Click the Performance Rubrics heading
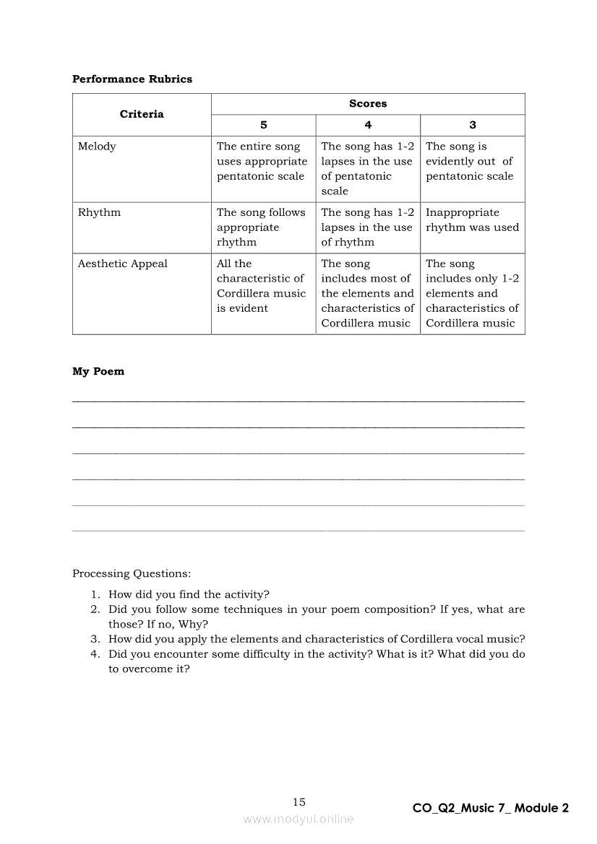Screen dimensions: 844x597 [x=132, y=79]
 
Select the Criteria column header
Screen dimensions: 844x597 [x=142, y=114]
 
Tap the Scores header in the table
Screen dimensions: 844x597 [x=368, y=104]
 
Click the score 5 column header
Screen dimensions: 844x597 [x=263, y=125]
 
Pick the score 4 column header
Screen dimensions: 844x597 [x=368, y=125]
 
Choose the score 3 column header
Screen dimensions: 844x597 [x=473, y=125]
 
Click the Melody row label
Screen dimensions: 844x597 [x=97, y=147]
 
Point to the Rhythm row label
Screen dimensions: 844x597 [x=99, y=212]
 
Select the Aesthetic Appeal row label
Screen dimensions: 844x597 [x=122, y=264]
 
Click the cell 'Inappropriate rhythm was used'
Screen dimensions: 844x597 [x=472, y=220]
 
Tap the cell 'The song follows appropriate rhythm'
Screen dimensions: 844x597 [x=261, y=227]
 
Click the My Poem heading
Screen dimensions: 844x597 [x=98, y=372]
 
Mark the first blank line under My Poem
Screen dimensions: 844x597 [x=298, y=401]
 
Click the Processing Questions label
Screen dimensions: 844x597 [x=132, y=574]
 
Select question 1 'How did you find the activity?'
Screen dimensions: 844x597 [x=189, y=595]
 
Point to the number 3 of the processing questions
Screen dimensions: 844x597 [x=95, y=639]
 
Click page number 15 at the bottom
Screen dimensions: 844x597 [x=299, y=802]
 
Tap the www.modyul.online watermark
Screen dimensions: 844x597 [x=298, y=819]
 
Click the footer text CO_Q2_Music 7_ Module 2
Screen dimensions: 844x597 [x=491, y=809]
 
